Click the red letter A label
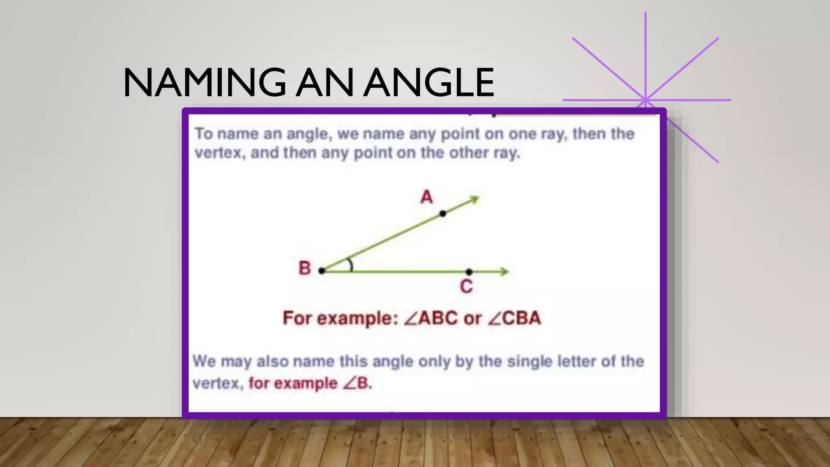pyautogui.click(x=426, y=197)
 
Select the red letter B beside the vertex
pyautogui.click(x=305, y=268)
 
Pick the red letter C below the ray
pyautogui.click(x=466, y=287)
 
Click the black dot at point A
pyautogui.click(x=443, y=214)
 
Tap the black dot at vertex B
pyautogui.click(x=322, y=271)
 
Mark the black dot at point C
pyautogui.click(x=469, y=272)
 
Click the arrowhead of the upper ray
pyautogui.click(x=475, y=199)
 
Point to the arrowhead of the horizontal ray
pyautogui.click(x=504, y=272)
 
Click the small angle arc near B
pyautogui.click(x=350, y=266)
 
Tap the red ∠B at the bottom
pyautogui.click(x=356, y=383)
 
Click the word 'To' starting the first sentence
pyautogui.click(x=204, y=134)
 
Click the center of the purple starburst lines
pyautogui.click(x=645, y=100)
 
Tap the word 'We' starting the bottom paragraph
pyautogui.click(x=204, y=361)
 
